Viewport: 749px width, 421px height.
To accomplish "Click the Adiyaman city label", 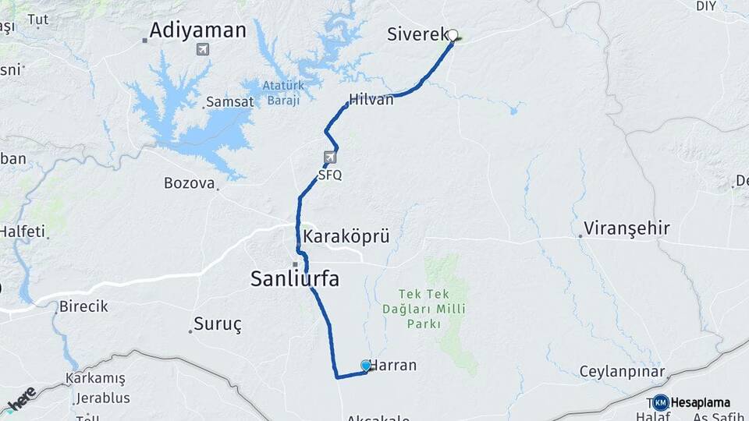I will click(x=197, y=30).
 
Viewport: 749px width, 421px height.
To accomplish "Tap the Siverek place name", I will click(x=417, y=34).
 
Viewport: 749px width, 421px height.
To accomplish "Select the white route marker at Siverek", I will click(x=453, y=34).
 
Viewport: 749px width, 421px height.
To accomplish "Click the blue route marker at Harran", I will click(x=366, y=365).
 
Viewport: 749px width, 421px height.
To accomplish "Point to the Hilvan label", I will click(x=371, y=99).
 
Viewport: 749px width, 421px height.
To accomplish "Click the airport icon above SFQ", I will click(x=330, y=157).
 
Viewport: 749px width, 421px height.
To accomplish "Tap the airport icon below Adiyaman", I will click(x=203, y=50).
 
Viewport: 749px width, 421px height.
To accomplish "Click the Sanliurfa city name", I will click(x=295, y=278).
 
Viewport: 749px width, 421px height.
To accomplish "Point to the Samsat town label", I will click(x=229, y=102).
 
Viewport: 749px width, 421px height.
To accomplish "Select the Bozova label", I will click(x=189, y=183).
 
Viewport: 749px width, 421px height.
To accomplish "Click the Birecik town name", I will click(x=83, y=306).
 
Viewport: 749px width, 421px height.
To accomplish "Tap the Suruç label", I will click(x=218, y=323).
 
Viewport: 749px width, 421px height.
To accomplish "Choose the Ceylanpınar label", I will click(x=622, y=371).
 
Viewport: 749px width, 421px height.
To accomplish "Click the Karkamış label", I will click(x=95, y=378).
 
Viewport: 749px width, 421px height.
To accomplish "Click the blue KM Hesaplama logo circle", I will click(x=661, y=402).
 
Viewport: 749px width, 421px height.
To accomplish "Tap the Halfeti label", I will click(x=22, y=232).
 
